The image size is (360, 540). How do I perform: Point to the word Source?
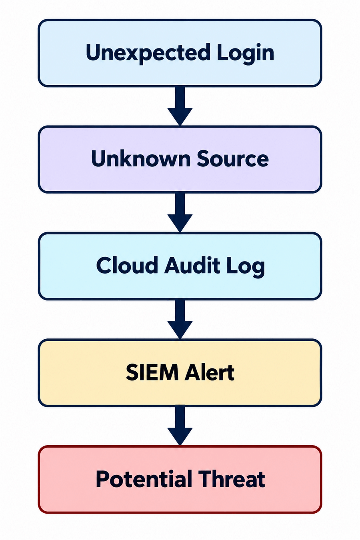coord(232,158)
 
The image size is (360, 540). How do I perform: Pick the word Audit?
coord(192,265)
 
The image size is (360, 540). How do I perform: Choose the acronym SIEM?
coord(152,372)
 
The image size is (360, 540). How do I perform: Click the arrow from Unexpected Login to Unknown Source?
coord(180,106)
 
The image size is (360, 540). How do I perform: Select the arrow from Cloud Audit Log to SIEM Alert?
coord(180,319)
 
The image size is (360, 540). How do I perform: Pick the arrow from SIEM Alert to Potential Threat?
coord(180,426)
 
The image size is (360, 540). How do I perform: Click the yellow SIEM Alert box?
coord(180,373)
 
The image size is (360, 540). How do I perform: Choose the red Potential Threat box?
coord(180,479)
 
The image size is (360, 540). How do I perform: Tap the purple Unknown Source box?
coord(180,159)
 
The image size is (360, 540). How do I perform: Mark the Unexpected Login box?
coord(180,53)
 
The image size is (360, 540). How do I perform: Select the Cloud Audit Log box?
coord(180,266)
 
